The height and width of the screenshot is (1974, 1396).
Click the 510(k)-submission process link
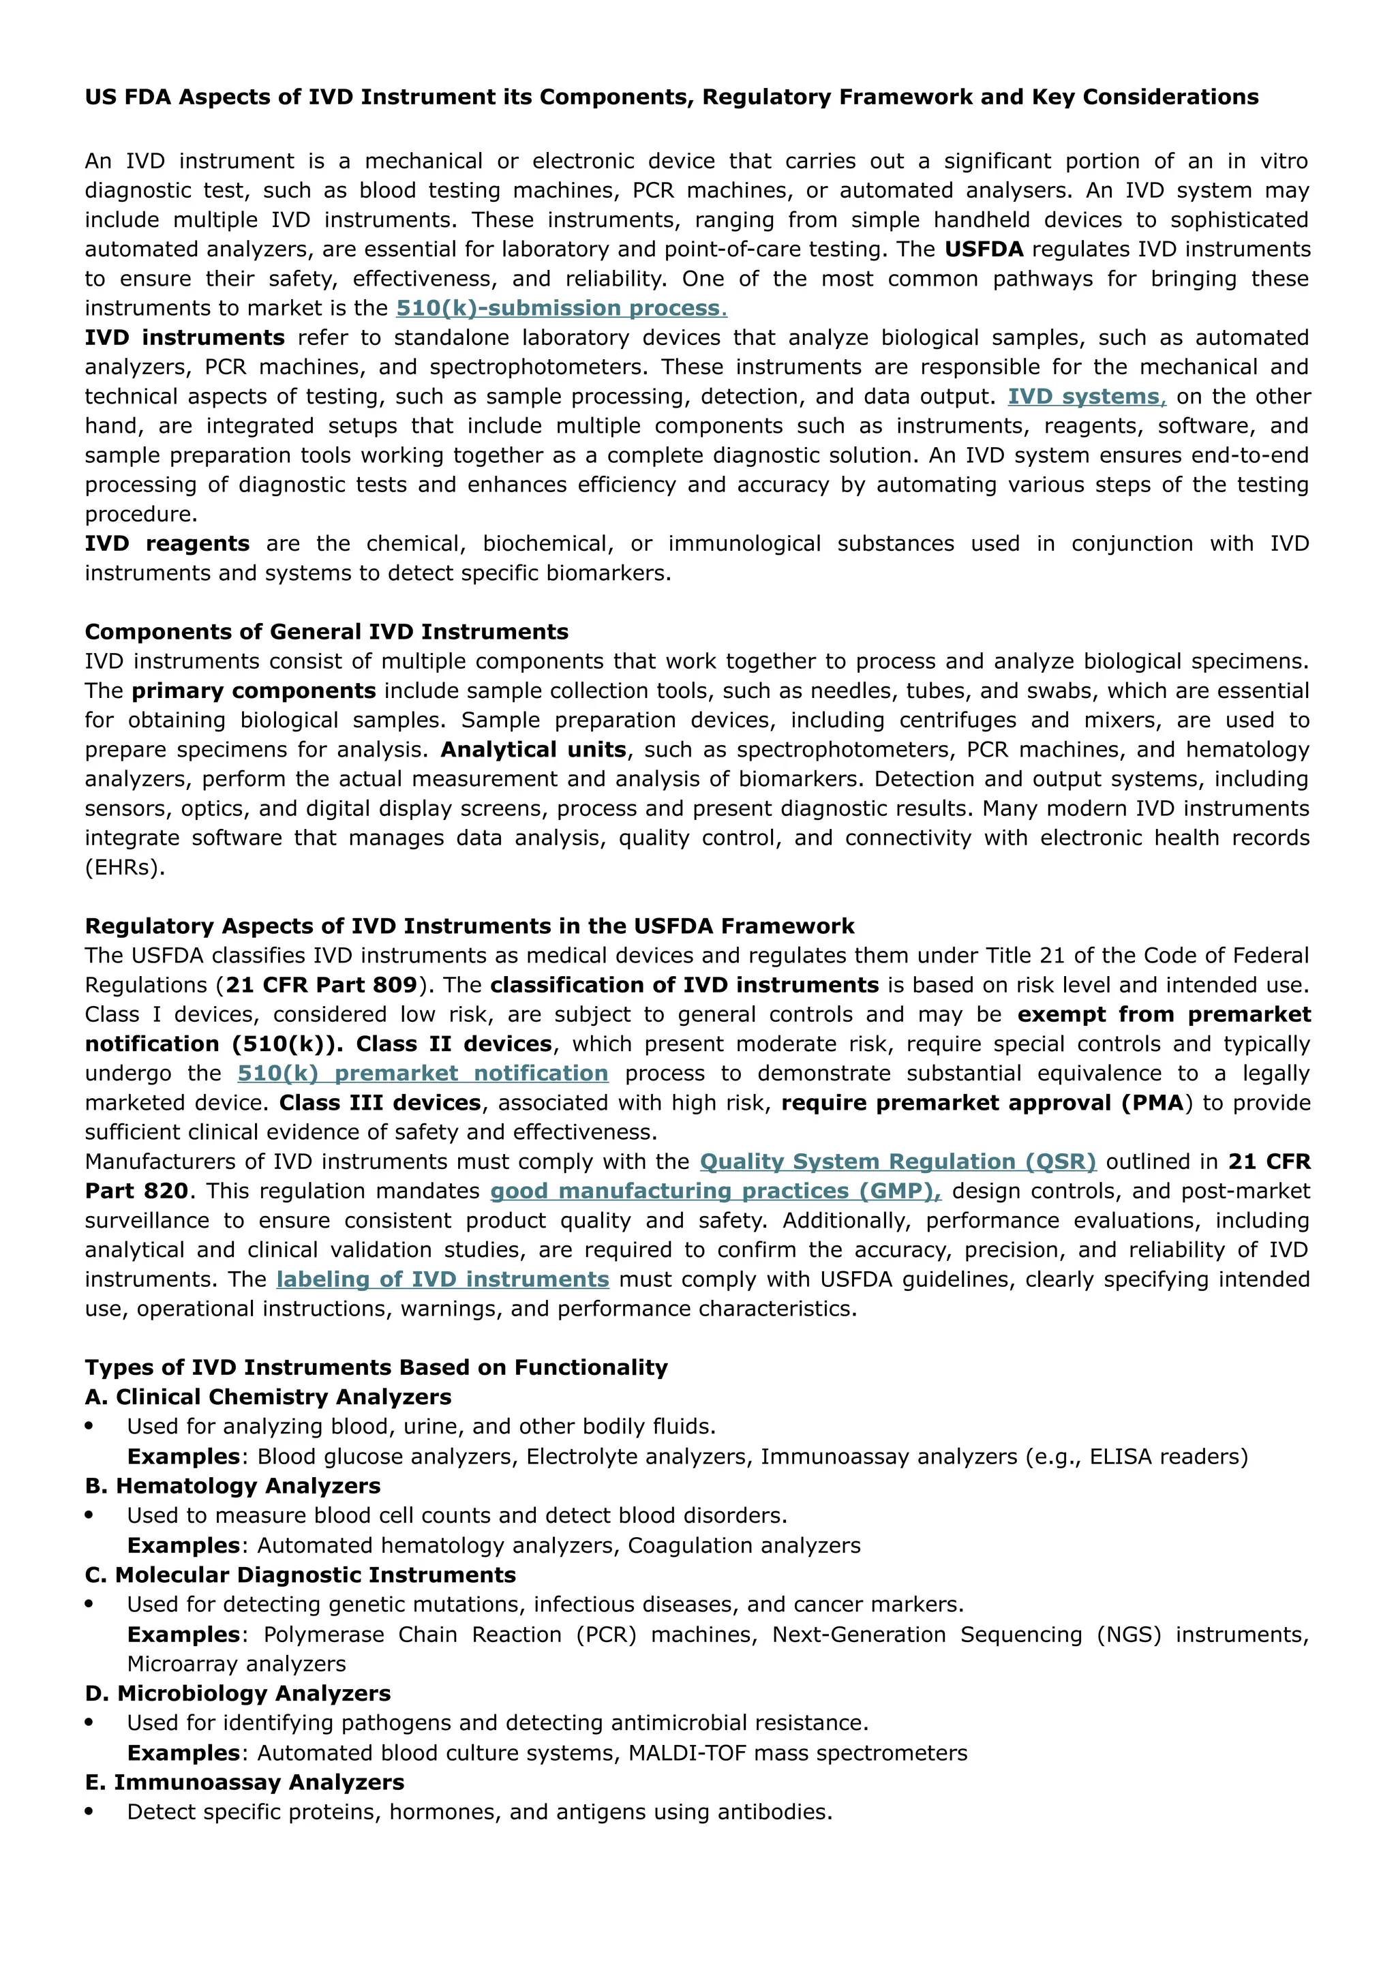point(560,308)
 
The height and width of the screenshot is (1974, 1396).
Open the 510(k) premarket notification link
point(422,1073)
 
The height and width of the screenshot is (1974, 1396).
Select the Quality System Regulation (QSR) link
point(898,1161)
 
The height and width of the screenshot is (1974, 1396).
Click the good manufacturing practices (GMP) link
point(715,1191)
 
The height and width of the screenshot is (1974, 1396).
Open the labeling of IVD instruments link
point(442,1279)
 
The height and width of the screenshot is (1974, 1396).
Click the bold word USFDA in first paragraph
point(984,249)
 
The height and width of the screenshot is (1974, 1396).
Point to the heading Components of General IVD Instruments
point(327,632)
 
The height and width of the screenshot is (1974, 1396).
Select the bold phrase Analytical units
point(533,750)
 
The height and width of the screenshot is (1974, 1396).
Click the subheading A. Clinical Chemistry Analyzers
point(267,1397)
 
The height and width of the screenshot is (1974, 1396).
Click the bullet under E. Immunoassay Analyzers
point(89,1812)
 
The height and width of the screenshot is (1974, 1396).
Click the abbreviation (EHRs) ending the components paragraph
point(125,868)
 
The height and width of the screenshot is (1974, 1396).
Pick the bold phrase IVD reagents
point(167,543)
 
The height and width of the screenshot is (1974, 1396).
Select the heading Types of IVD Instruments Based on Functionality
point(376,1368)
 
